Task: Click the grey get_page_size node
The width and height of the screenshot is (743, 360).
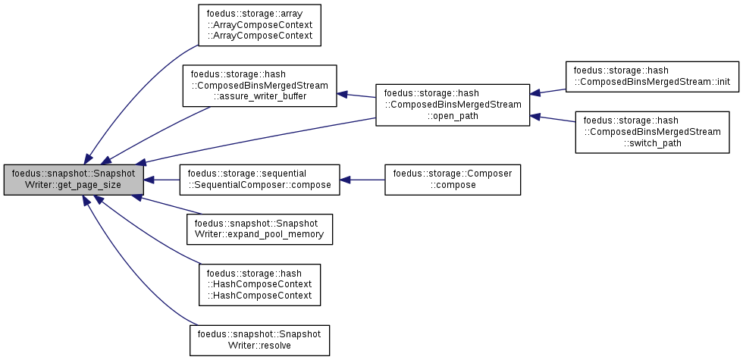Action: coord(74,180)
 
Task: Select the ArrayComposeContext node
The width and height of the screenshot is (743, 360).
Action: coord(259,25)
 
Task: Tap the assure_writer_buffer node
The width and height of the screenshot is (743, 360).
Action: coord(259,86)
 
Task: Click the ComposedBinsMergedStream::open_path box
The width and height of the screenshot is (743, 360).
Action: coord(453,105)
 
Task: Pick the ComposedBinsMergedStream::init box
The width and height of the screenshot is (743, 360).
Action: coord(653,77)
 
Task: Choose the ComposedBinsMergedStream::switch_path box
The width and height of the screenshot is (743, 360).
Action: coord(652,132)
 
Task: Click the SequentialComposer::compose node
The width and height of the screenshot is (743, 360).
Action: coord(259,180)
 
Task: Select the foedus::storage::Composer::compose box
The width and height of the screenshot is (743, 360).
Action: coord(453,180)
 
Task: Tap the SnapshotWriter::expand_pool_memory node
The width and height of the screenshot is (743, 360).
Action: coord(259,229)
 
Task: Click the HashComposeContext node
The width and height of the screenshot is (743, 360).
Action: coord(259,285)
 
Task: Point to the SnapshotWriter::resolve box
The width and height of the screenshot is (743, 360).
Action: coord(259,340)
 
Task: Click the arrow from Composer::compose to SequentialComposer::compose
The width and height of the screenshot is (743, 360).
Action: coord(362,180)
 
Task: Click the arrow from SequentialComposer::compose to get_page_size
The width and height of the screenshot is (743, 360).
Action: coord(161,180)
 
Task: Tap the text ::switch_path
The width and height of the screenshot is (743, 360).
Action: coord(652,143)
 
